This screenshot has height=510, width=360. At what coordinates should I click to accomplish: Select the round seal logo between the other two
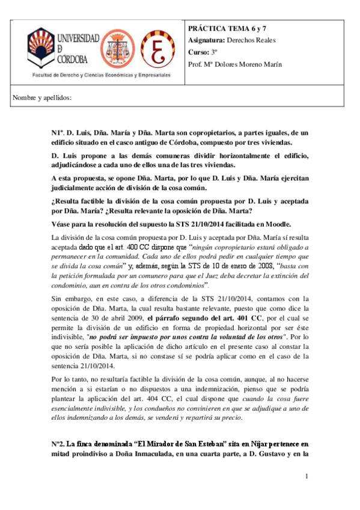click(120, 50)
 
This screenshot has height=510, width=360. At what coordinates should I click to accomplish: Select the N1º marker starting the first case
click(56, 132)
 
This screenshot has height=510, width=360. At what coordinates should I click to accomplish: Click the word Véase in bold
click(63, 224)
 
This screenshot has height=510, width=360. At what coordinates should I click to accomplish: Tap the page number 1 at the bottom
click(307, 477)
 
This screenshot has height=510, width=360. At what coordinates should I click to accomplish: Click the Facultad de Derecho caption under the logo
click(101, 76)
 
